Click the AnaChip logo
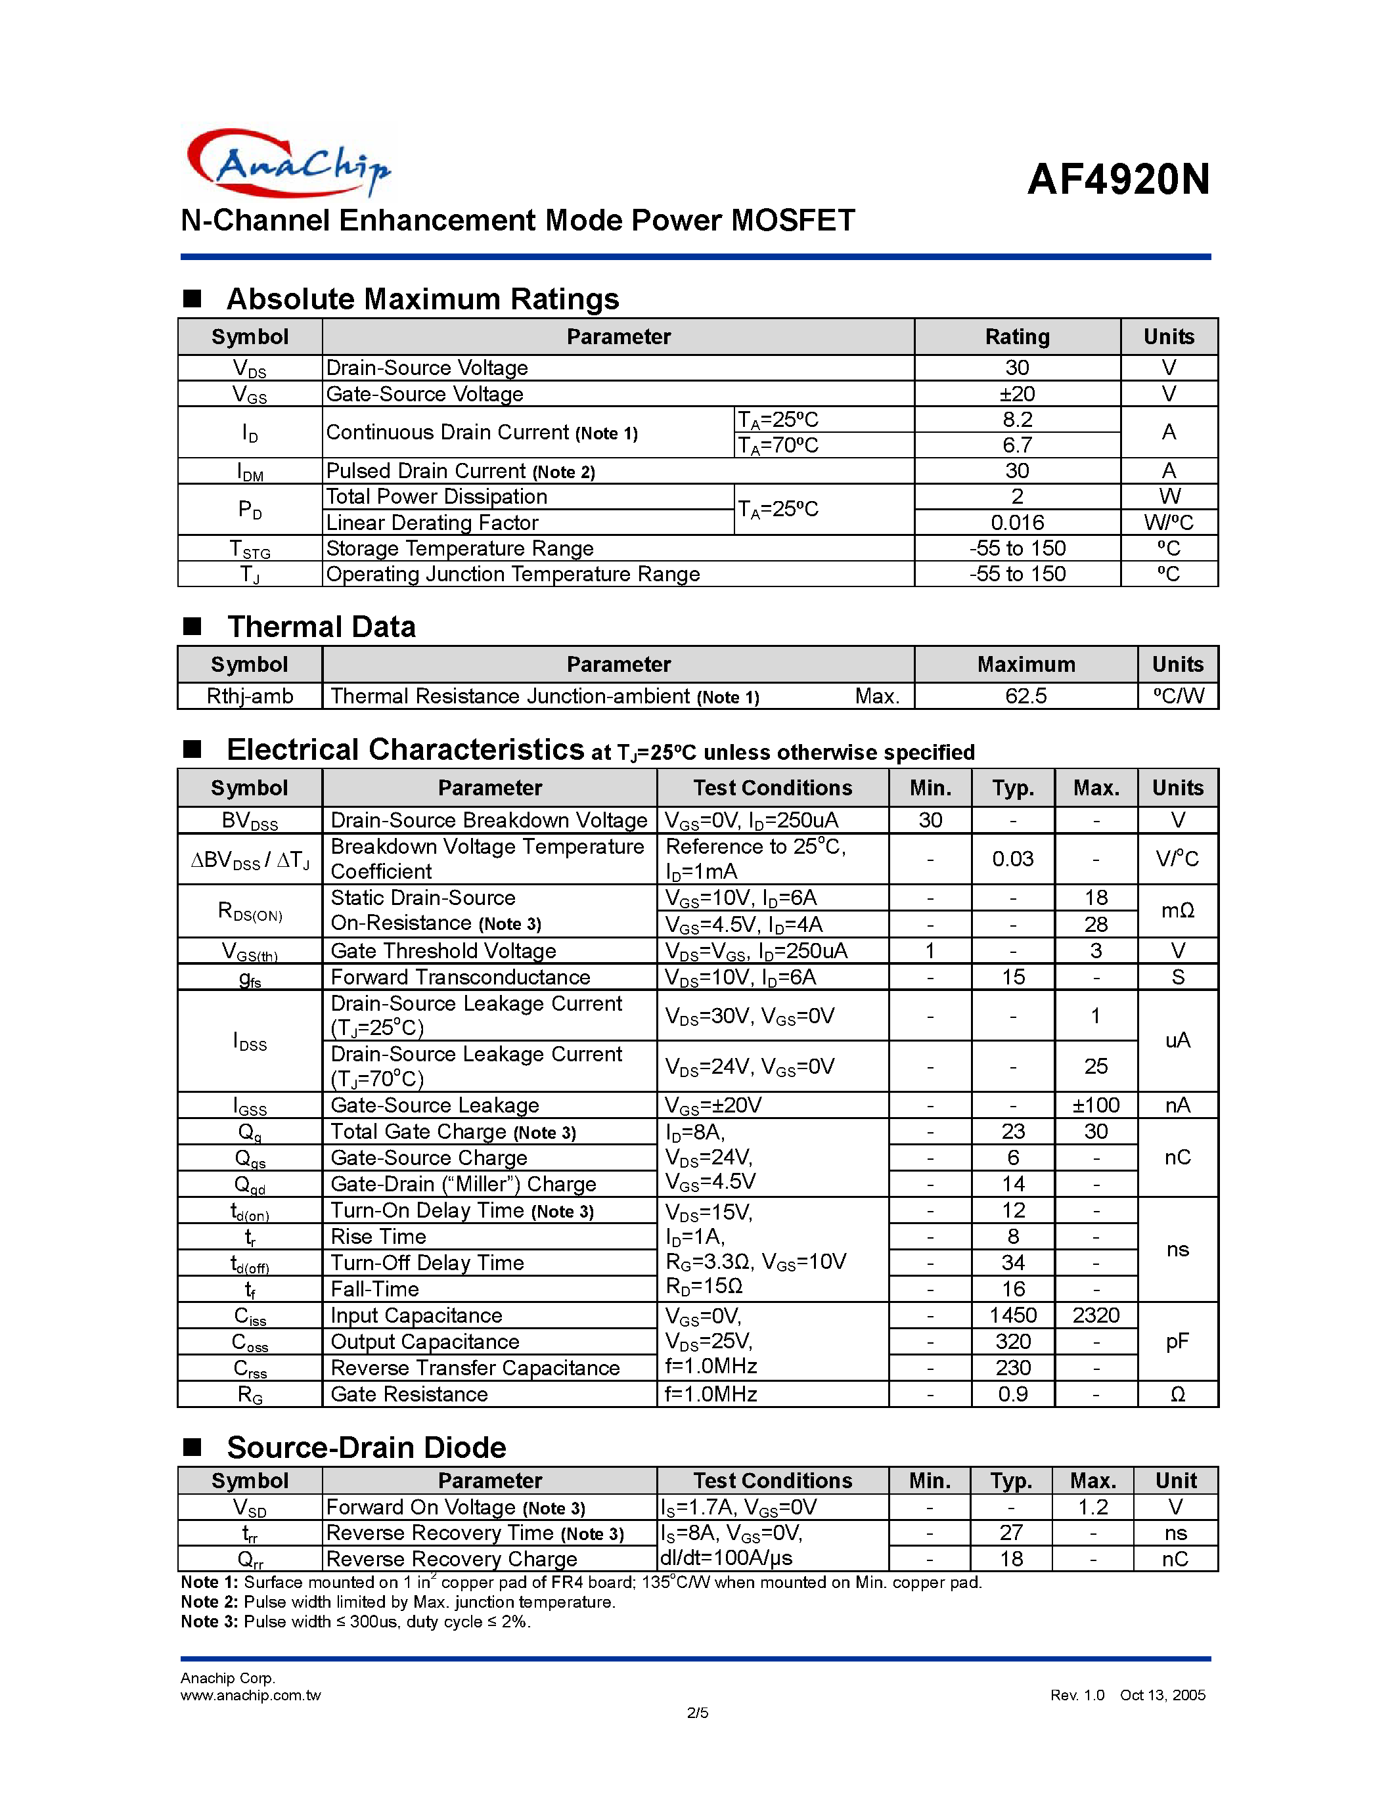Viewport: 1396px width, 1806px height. pyautogui.click(x=288, y=163)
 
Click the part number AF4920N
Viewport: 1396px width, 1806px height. pyautogui.click(x=1118, y=179)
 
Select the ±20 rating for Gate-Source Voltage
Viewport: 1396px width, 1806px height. pyautogui.click(x=1016, y=393)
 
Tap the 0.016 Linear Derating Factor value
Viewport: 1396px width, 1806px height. pyautogui.click(x=1016, y=523)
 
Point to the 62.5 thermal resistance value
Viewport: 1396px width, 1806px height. pyautogui.click(x=1025, y=696)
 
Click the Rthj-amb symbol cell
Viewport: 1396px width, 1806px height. pyautogui.click(x=250, y=696)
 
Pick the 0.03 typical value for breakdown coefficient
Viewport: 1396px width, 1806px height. pyautogui.click(x=1012, y=859)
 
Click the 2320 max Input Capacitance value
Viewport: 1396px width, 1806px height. pyautogui.click(x=1095, y=1315)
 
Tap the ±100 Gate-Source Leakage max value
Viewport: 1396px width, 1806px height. pyautogui.click(x=1095, y=1105)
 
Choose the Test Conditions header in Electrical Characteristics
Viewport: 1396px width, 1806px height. pyautogui.click(x=772, y=788)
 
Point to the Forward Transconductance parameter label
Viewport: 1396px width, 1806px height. pyautogui.click(x=460, y=977)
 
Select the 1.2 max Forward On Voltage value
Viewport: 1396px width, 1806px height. pyautogui.click(x=1092, y=1507)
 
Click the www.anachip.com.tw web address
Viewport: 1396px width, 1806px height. pyautogui.click(x=250, y=1695)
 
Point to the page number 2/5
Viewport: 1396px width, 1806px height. pyautogui.click(x=697, y=1713)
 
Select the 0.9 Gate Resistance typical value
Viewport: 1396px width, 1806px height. pyautogui.click(x=1012, y=1394)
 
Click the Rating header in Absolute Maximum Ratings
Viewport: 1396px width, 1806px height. pyautogui.click(x=1016, y=336)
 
